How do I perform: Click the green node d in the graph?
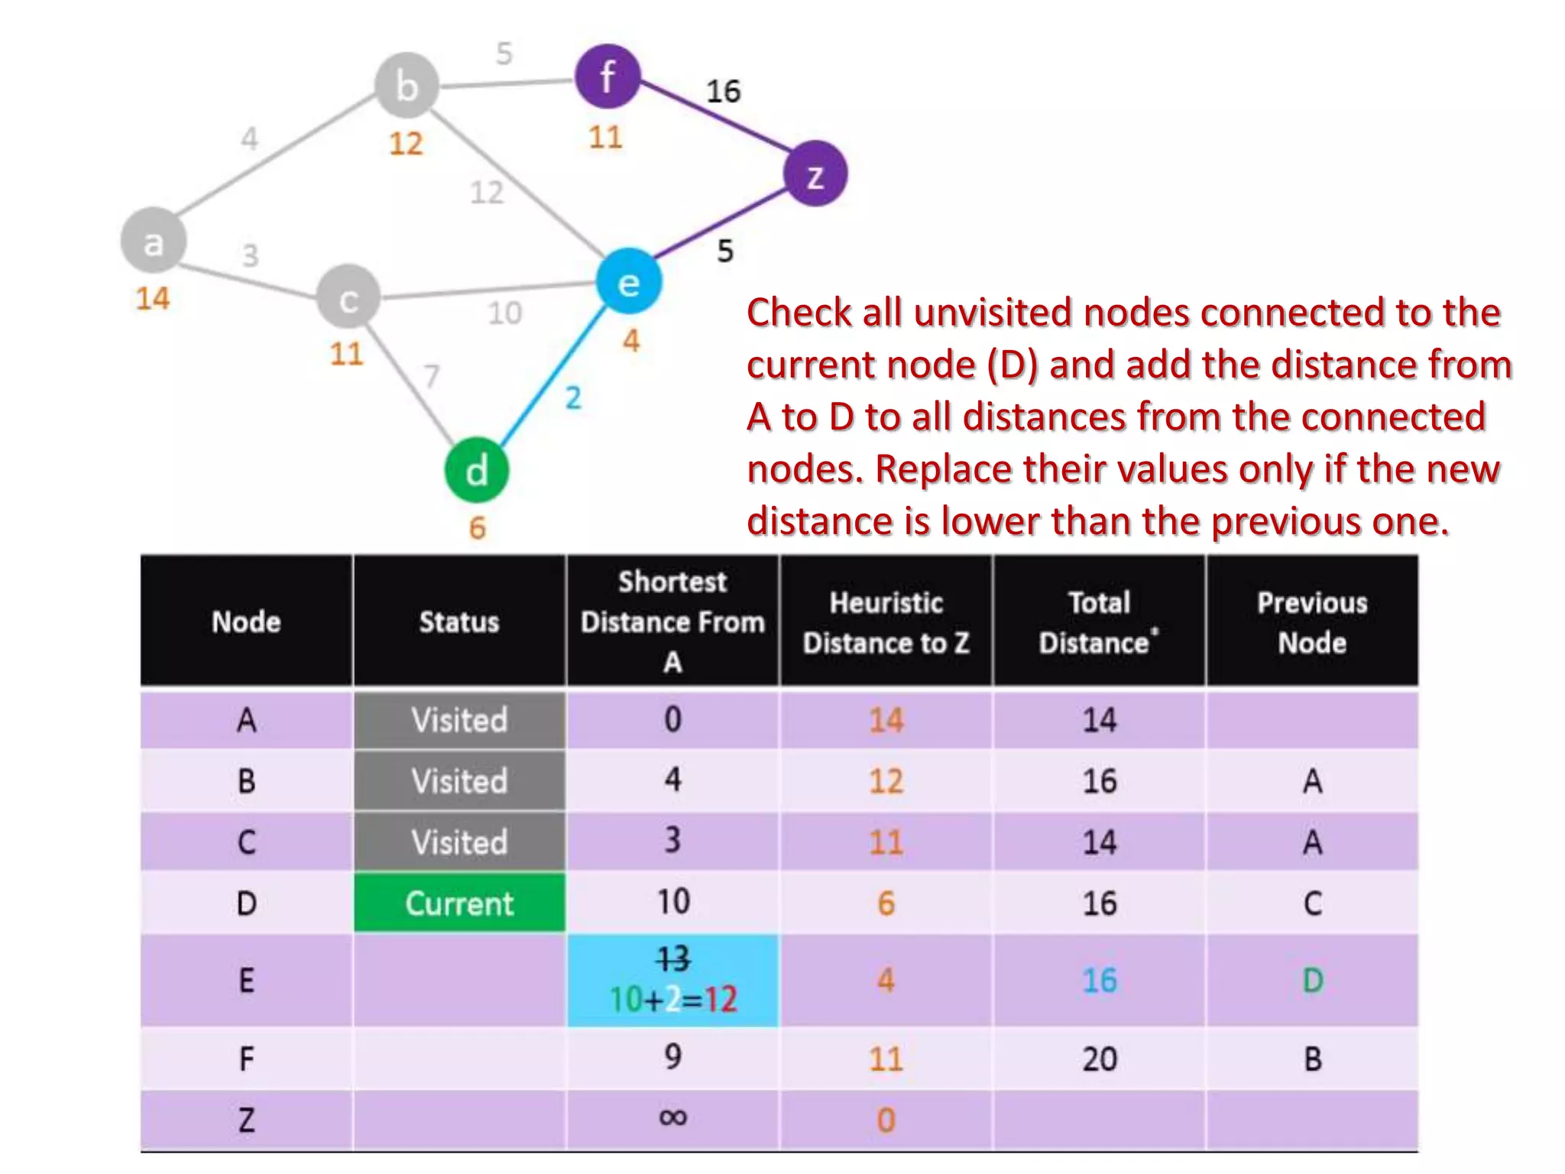pos(476,470)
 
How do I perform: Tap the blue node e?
pos(628,282)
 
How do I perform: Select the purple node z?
pos(815,174)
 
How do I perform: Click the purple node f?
pos(608,76)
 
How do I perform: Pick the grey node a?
pos(154,241)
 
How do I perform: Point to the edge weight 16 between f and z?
pos(723,92)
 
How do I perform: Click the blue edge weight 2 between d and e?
pos(573,397)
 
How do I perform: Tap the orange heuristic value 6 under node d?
pos(477,528)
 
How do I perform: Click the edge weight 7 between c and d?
pos(432,375)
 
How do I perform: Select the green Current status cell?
pos(459,903)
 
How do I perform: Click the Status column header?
pos(459,621)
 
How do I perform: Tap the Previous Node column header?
pos(1312,622)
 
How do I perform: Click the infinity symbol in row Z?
pos(672,1117)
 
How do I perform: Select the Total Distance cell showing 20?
pos(1099,1059)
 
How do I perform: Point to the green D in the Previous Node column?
pos(1312,981)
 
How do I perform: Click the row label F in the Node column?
pos(246,1059)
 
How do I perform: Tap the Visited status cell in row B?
pos(459,781)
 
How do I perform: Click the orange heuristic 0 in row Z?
pos(886,1120)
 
